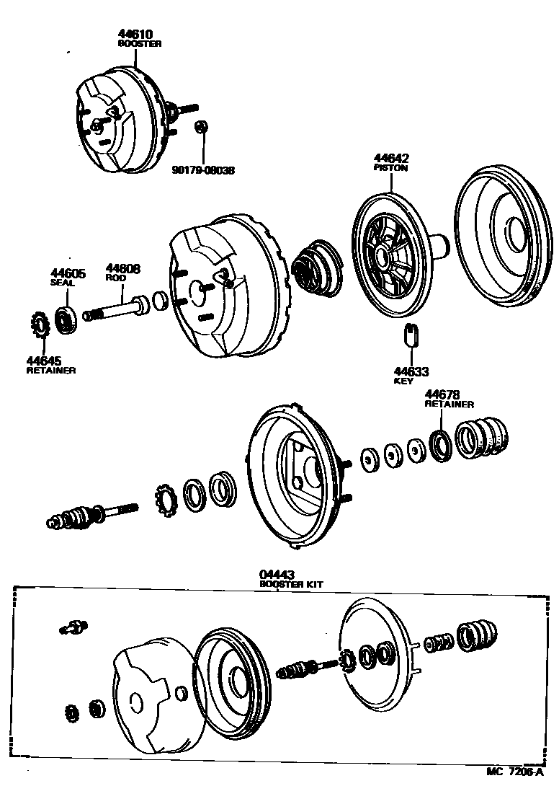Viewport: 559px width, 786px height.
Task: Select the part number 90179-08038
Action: pos(203,171)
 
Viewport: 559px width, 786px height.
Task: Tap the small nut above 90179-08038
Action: pos(202,127)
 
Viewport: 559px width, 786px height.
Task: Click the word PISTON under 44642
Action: pos(390,168)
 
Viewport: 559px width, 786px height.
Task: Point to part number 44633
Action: pos(411,371)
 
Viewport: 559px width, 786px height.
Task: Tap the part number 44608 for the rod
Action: pos(123,269)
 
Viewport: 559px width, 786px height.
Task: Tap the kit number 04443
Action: pos(276,575)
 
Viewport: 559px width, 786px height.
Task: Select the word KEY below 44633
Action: pos(403,381)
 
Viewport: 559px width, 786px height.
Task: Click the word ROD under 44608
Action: pos(115,278)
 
